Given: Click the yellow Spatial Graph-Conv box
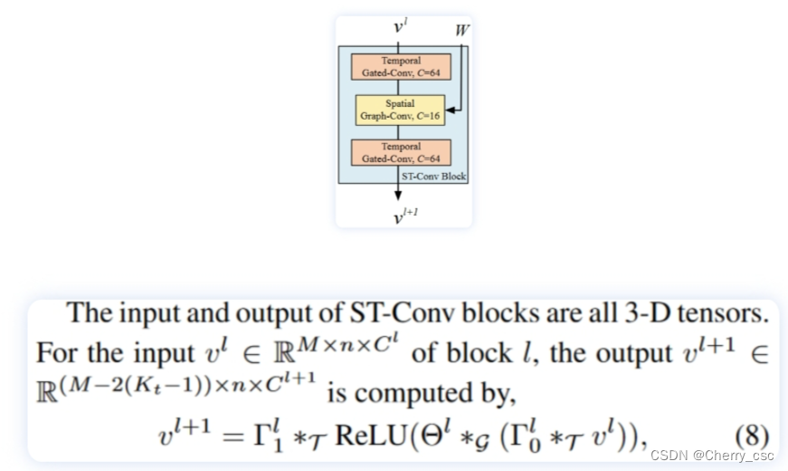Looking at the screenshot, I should pos(400,110).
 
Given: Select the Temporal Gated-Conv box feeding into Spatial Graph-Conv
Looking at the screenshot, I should pos(400,67).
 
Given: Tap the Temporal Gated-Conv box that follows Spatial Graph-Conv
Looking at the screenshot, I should pos(400,152).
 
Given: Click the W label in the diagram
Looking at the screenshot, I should pos(462,31).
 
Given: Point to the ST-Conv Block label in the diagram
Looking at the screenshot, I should pos(433,177).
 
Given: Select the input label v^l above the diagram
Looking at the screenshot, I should pos(400,27).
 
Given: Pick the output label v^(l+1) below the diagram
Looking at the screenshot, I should pos(404,216).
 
